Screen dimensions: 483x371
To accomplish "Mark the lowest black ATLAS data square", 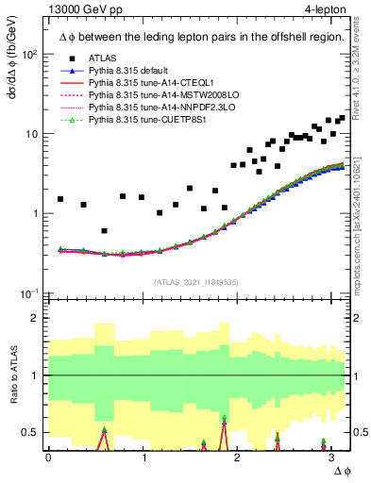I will (104, 231).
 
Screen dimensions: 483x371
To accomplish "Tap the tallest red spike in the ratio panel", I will (224, 422).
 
